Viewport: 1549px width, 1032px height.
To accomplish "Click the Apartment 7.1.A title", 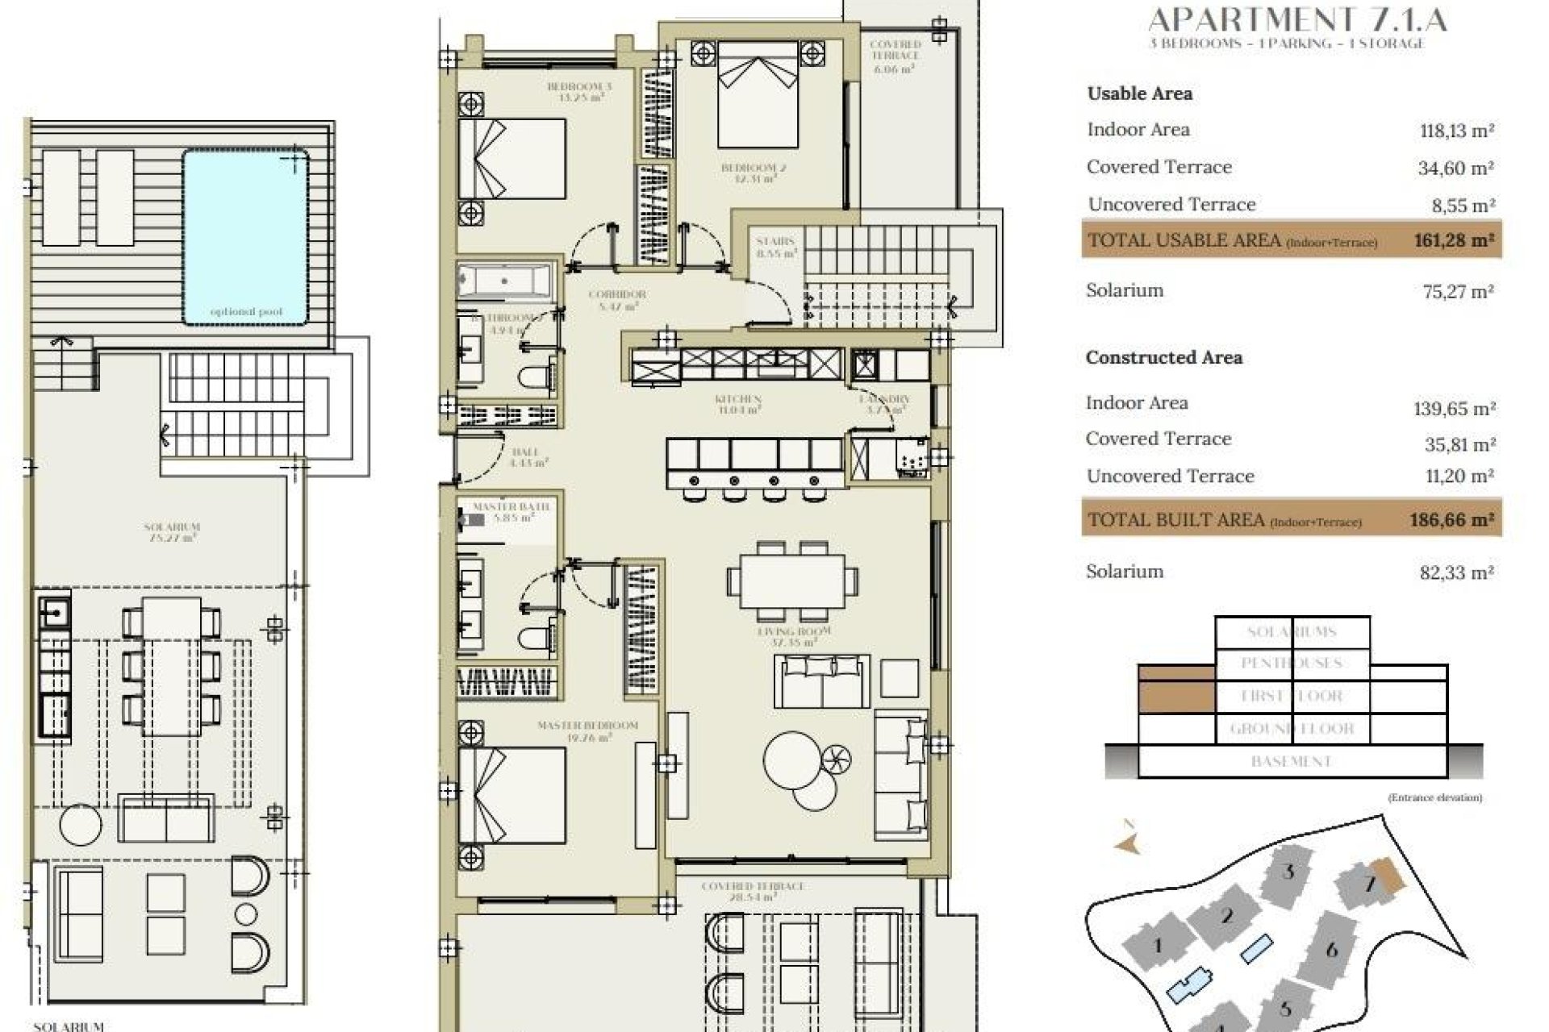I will pos(1296,19).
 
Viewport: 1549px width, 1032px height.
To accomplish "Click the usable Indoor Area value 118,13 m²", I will pos(1457,131).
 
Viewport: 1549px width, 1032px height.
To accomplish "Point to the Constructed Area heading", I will pos(1163,357).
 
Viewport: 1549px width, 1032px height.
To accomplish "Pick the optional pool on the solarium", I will pos(246,236).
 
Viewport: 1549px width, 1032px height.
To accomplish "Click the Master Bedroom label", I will pos(587,726).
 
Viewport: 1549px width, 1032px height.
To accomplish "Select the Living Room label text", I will pos(794,632).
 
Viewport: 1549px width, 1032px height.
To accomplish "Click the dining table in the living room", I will pos(792,580).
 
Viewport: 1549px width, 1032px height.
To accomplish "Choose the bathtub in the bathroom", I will pos(504,281).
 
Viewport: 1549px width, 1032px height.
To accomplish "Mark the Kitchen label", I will pos(737,400).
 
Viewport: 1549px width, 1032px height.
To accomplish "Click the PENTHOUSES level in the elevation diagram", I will pos(1292,664).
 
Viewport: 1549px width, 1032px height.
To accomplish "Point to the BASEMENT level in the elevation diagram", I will pos(1292,761).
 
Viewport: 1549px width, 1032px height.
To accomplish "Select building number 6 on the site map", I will pos(1332,949).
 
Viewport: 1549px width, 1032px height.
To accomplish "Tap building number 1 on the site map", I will pos(1158,946).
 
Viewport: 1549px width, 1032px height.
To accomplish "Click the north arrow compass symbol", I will pos(1128,843).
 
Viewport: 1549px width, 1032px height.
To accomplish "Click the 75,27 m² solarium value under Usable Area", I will pos(1457,291).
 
